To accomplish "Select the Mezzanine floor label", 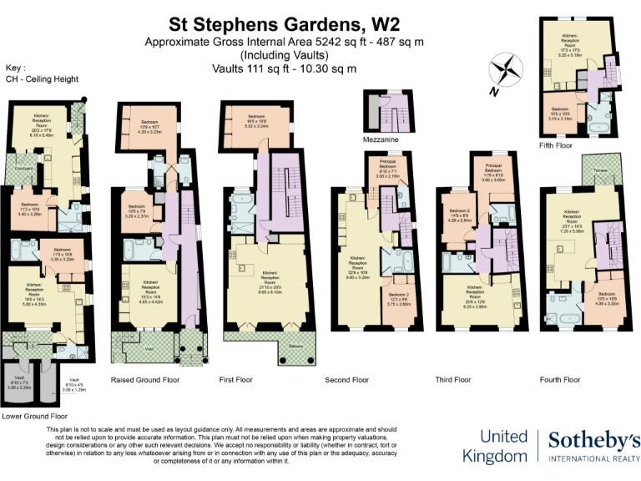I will pyautogui.click(x=380, y=139).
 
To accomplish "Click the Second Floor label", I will pyautogui.click(x=347, y=379).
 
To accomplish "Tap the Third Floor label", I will pyautogui.click(x=452, y=379).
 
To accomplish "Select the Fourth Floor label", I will pyautogui.click(x=561, y=379).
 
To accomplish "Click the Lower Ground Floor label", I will pyautogui.click(x=33, y=414).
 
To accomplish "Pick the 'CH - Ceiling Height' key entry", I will pyautogui.click(x=42, y=79).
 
